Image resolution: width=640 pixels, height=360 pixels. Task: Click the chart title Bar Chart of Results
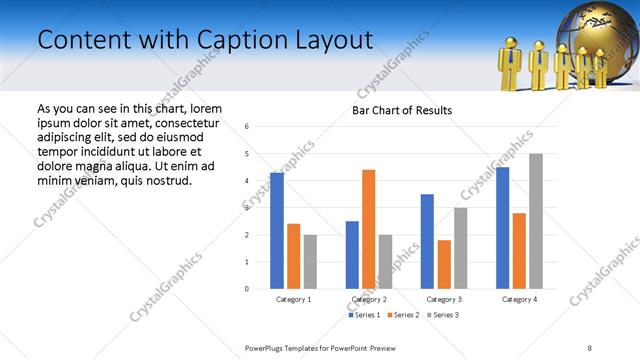point(401,110)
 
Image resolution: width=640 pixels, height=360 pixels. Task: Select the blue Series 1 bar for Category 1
point(277,231)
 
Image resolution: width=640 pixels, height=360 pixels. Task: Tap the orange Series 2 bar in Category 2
point(368,229)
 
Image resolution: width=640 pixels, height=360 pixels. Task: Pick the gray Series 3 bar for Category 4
point(536,221)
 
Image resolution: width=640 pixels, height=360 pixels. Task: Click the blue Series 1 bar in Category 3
point(427,241)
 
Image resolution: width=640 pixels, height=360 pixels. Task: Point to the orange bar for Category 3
point(444,264)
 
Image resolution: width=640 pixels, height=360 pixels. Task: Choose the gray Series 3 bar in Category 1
point(310,262)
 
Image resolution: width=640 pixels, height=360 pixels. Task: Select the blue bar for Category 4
point(502,228)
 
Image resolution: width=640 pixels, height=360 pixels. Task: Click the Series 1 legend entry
point(365,315)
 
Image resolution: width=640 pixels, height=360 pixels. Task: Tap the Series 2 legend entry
point(401,315)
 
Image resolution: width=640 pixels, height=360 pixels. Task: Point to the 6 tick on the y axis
point(247,127)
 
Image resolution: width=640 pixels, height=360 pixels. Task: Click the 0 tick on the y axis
point(247,289)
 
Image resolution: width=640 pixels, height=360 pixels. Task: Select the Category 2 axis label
point(368,299)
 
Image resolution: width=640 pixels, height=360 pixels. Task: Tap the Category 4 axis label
point(518,299)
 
